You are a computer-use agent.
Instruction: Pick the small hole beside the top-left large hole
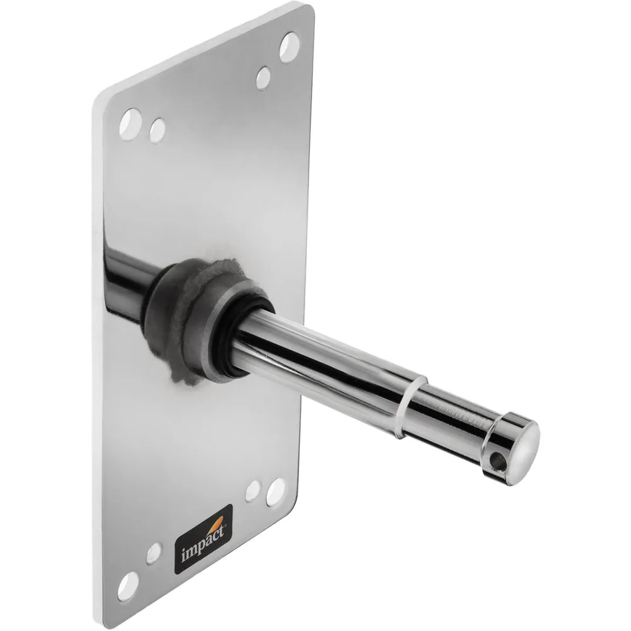click(158, 129)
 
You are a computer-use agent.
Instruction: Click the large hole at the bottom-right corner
click(275, 492)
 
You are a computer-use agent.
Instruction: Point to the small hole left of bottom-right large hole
click(253, 490)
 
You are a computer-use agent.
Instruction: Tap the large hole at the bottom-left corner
click(128, 585)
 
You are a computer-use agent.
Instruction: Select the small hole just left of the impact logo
click(154, 553)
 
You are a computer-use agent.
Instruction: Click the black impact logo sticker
click(203, 538)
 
